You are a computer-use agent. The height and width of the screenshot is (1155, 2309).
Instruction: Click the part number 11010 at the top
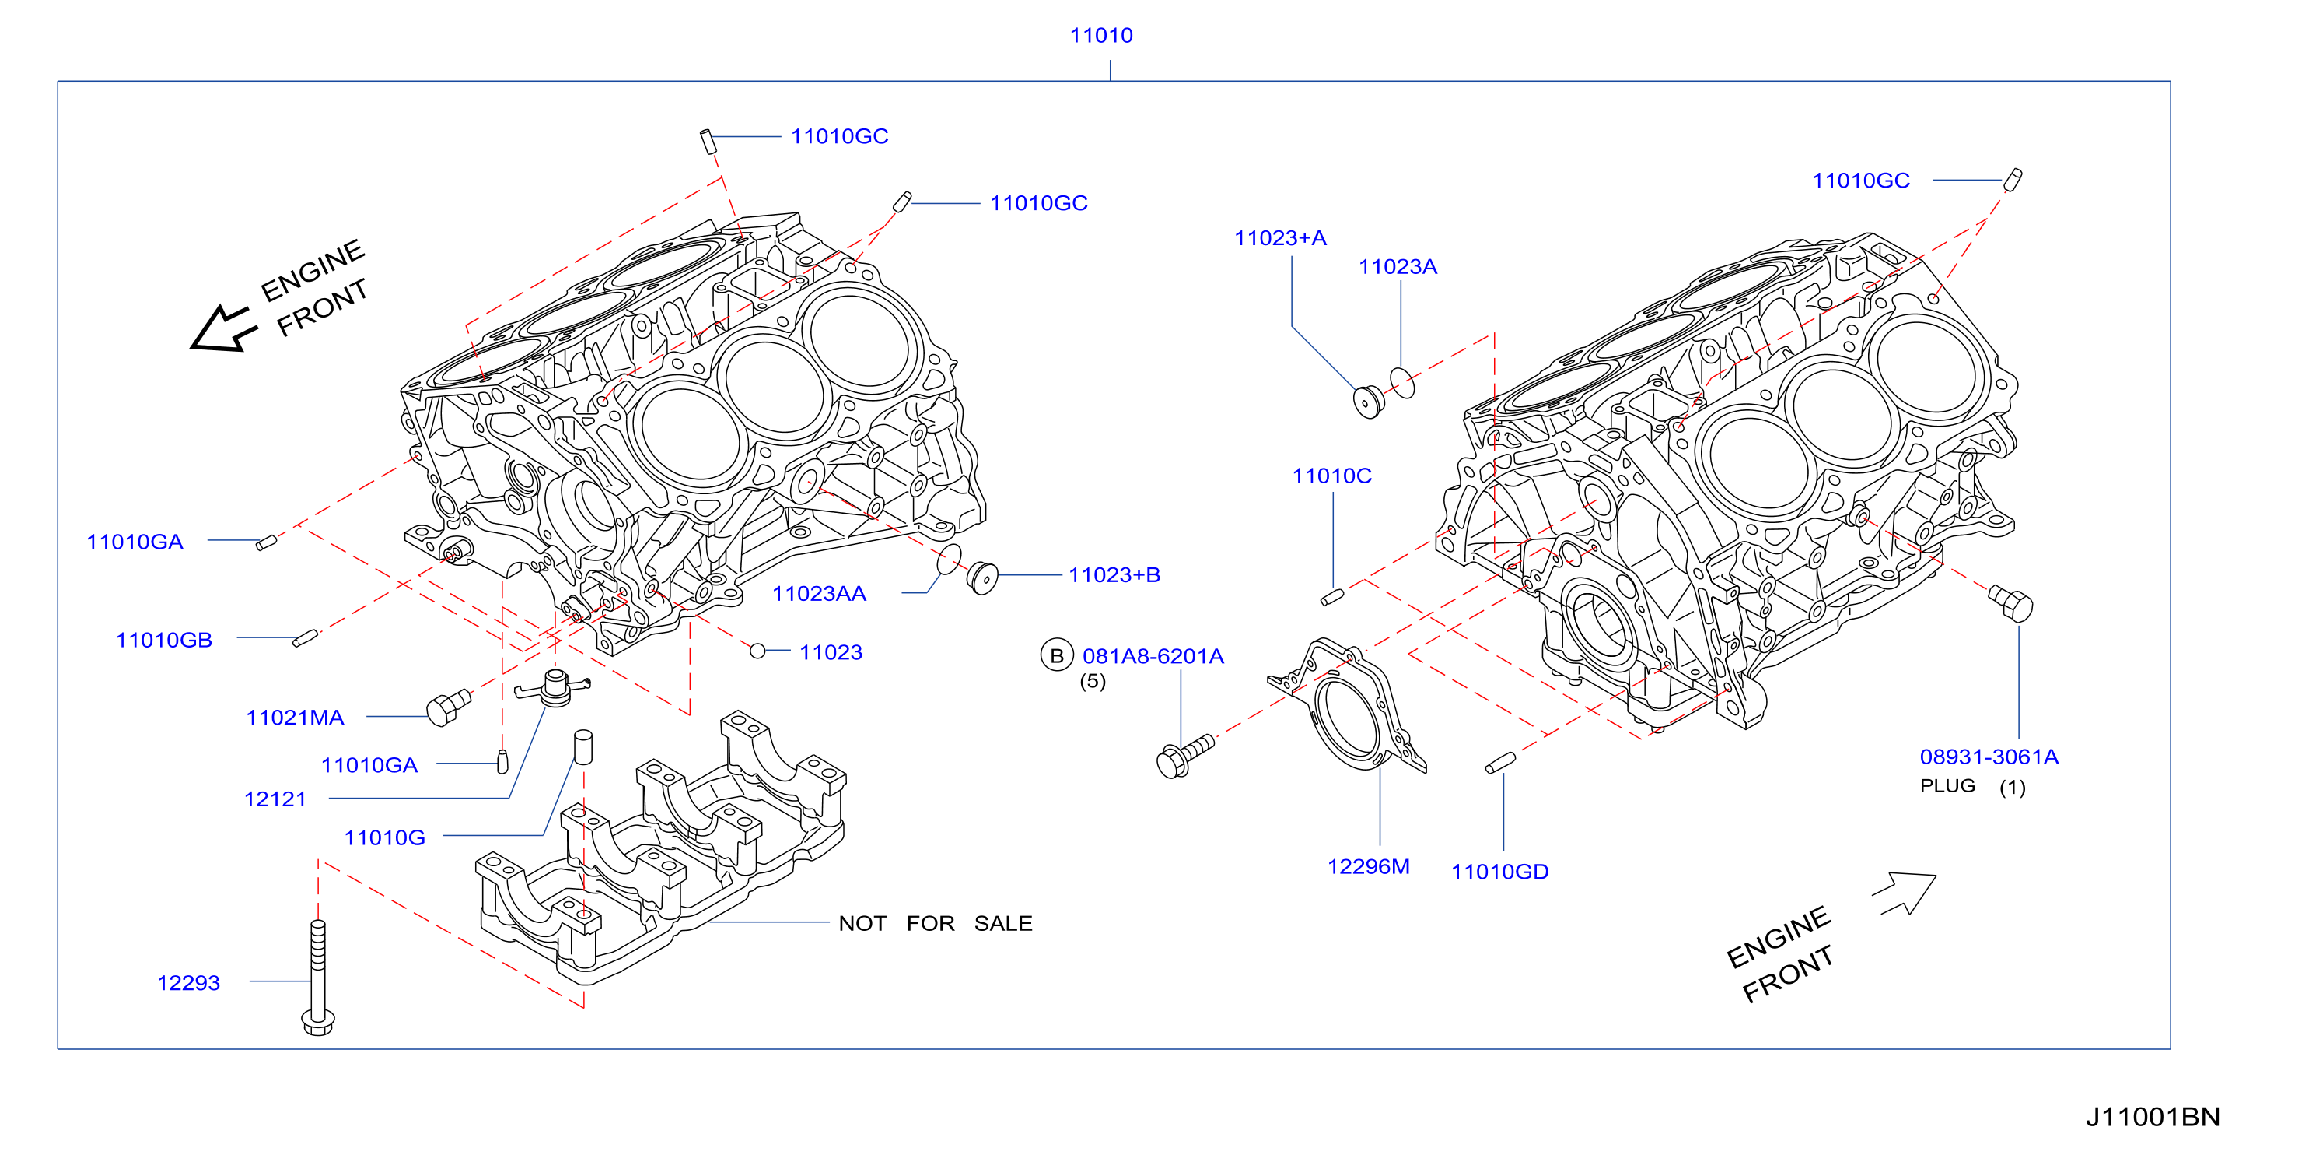point(1100,35)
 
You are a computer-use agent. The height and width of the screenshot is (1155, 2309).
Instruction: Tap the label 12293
point(188,983)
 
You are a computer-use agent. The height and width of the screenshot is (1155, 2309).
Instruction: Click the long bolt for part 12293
point(318,978)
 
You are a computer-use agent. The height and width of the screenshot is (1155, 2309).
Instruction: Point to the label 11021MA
point(295,718)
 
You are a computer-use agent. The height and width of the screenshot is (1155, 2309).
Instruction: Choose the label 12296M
point(1368,866)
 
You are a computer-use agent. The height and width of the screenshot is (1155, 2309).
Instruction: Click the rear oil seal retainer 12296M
point(1347,706)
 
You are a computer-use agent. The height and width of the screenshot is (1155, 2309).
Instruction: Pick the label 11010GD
point(1499,872)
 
